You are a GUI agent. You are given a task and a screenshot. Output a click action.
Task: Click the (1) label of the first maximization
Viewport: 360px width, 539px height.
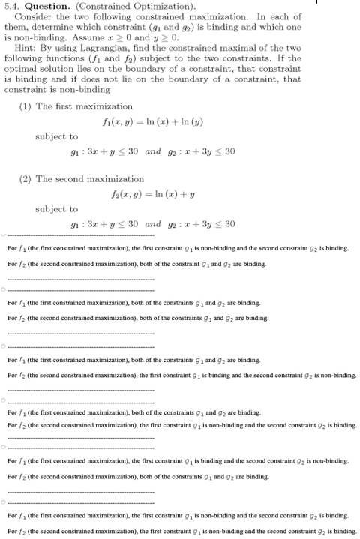(x=25, y=106)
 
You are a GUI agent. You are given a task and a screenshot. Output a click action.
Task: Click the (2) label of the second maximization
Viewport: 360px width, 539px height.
(x=25, y=179)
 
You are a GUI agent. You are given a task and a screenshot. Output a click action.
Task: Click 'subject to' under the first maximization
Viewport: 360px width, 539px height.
(x=56, y=136)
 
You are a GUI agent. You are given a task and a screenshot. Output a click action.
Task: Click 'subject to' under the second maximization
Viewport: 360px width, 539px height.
(x=56, y=209)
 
